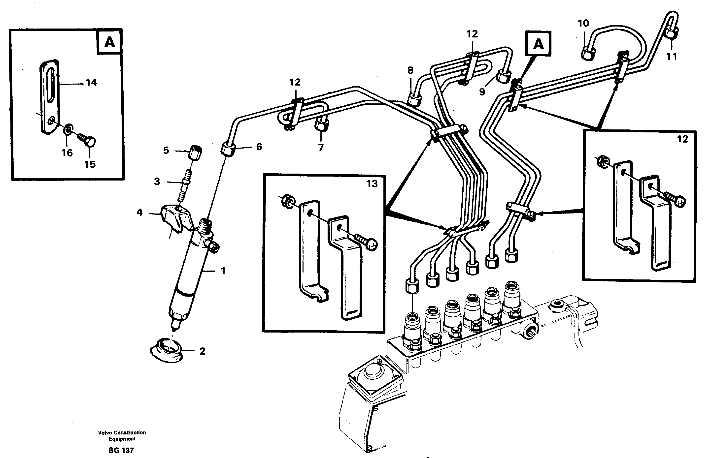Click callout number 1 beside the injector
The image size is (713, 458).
tap(223, 271)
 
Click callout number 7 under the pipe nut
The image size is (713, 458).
tap(320, 147)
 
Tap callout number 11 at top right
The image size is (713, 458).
tap(671, 56)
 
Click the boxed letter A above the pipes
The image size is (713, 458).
tap(538, 44)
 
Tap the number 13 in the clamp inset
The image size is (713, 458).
tap(372, 184)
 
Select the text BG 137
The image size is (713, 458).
tap(121, 450)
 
